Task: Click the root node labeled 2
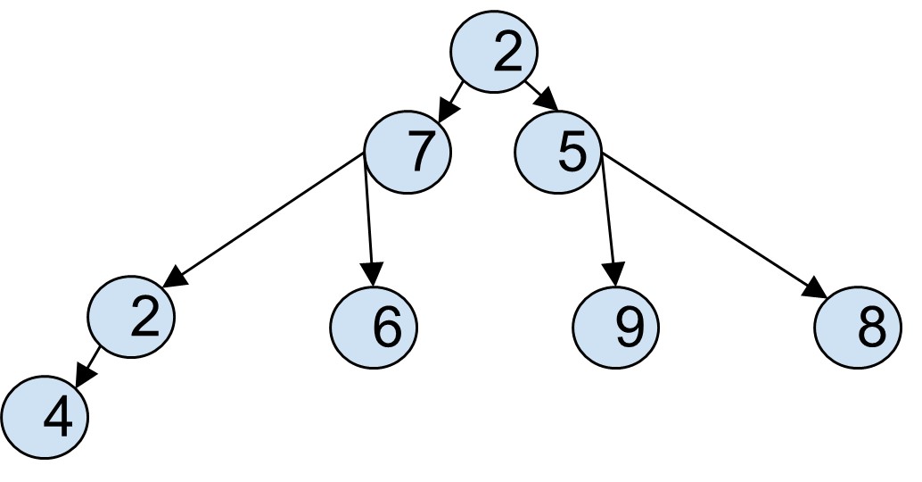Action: pyautogui.click(x=493, y=54)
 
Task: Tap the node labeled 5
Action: pyautogui.click(x=559, y=154)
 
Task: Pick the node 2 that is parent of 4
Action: pyautogui.click(x=132, y=316)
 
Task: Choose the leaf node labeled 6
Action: pyautogui.click(x=375, y=327)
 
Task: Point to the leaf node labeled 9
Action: pyautogui.click(x=616, y=327)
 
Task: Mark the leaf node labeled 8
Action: pyautogui.click(x=859, y=327)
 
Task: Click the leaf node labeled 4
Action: pyautogui.click(x=45, y=416)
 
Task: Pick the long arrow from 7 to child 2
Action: pyautogui.click(x=268, y=214)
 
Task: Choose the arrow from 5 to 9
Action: pyautogui.click(x=609, y=214)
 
